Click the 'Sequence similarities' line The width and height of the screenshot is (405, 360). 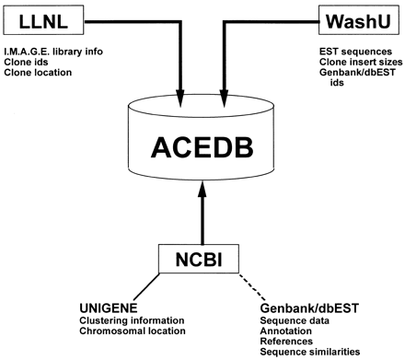point(311,354)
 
